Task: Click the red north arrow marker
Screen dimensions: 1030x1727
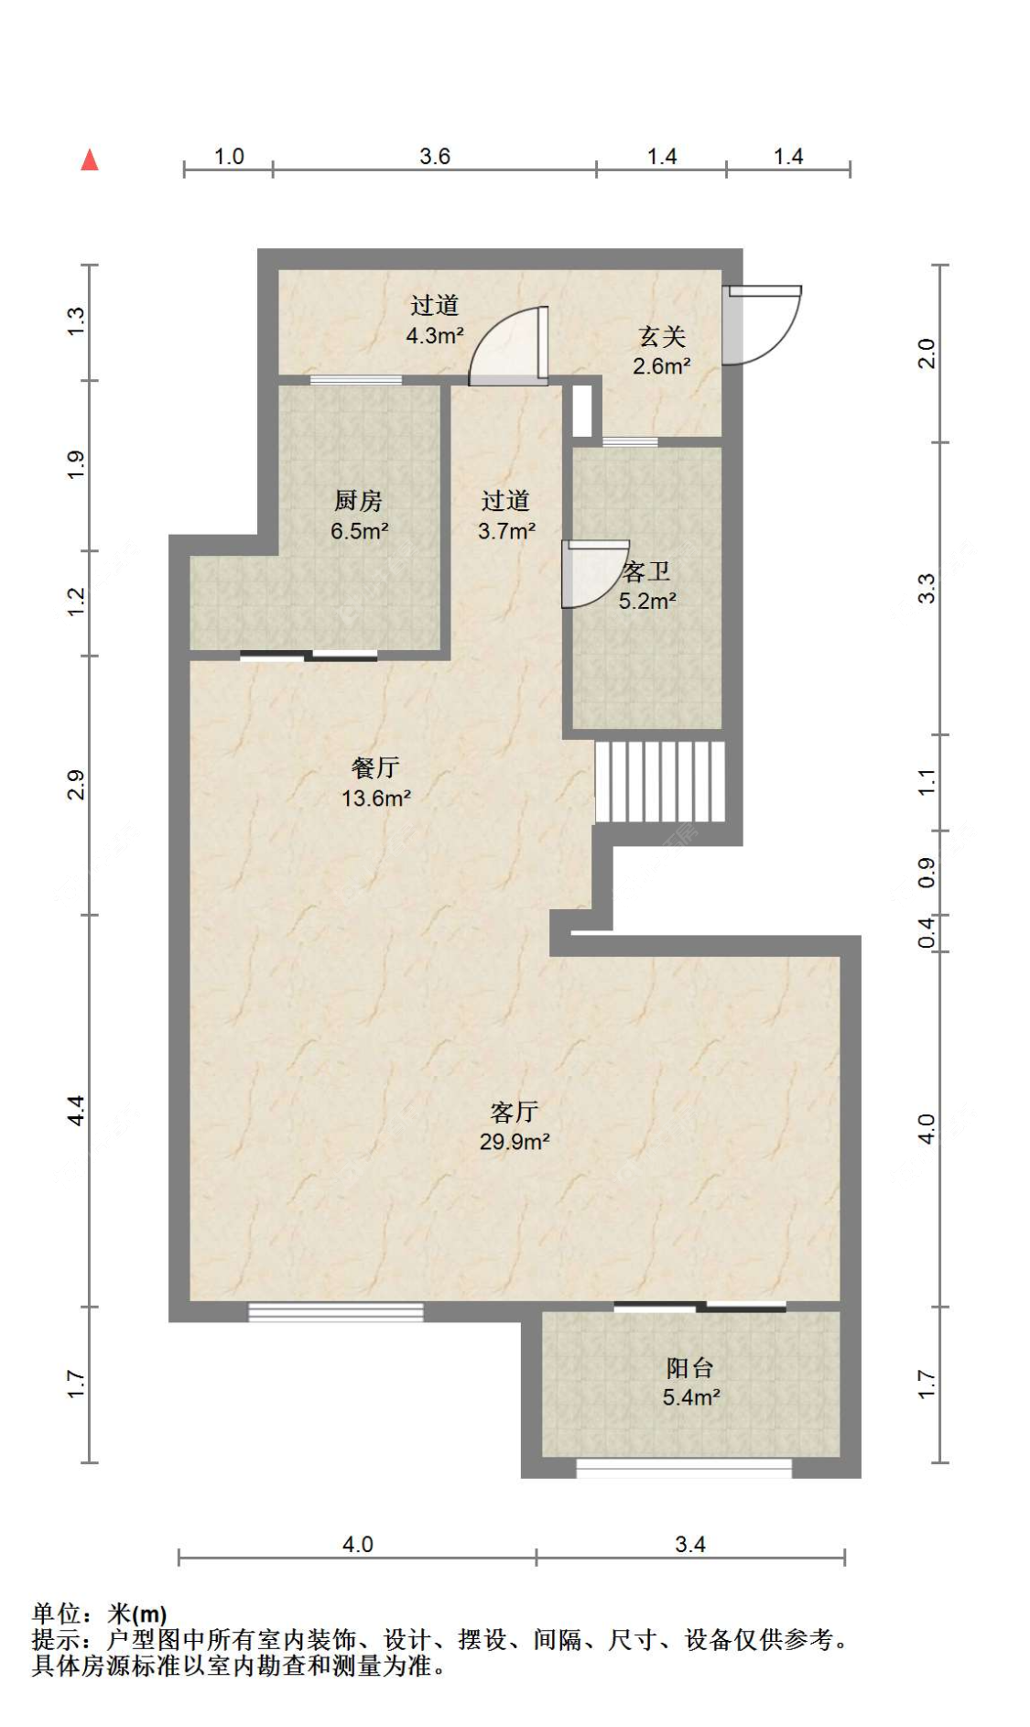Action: coord(89,160)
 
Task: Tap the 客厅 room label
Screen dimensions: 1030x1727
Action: coord(514,1112)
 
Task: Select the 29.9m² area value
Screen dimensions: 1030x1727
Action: coord(515,1142)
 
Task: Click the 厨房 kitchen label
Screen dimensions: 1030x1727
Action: coord(358,501)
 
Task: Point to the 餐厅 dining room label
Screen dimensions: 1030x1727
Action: coord(375,767)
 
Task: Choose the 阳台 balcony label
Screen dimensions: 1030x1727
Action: coord(690,1368)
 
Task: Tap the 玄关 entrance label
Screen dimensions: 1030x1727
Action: coord(662,337)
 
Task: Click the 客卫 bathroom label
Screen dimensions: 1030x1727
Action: coord(646,572)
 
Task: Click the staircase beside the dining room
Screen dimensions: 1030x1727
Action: coord(660,782)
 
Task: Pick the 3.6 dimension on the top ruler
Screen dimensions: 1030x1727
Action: coord(435,157)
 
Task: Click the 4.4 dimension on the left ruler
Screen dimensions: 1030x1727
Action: coord(77,1111)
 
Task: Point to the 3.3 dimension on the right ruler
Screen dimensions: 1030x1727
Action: coord(927,588)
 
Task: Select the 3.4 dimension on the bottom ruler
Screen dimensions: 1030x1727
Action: coord(690,1545)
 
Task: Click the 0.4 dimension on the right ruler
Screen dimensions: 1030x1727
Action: coord(927,933)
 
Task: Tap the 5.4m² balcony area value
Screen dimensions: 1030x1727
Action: coord(691,1397)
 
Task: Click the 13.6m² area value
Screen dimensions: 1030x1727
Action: coord(376,798)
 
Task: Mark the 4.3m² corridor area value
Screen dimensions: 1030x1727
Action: coord(435,336)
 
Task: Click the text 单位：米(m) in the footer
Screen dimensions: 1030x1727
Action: coord(100,1613)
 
